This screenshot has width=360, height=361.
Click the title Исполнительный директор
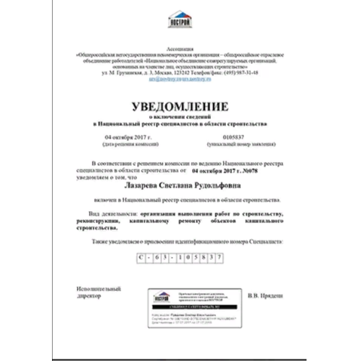96,293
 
